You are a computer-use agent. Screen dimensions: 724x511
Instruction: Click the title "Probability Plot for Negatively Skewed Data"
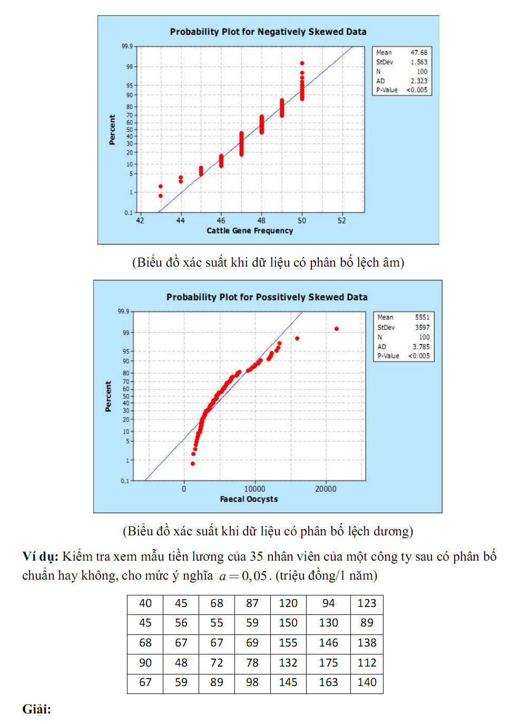coord(268,32)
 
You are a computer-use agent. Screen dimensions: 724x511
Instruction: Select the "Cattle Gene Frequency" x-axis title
coord(250,230)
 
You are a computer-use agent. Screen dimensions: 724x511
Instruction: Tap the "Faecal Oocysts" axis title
coord(249,499)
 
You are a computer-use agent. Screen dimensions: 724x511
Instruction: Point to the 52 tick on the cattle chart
coord(342,220)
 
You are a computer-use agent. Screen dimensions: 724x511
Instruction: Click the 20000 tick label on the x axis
coord(326,489)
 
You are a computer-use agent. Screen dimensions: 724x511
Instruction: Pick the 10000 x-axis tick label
coord(254,489)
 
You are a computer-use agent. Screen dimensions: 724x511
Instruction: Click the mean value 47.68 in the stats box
coord(419,53)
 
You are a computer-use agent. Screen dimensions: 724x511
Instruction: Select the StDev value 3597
coord(422,327)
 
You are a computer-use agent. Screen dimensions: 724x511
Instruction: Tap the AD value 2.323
coord(419,81)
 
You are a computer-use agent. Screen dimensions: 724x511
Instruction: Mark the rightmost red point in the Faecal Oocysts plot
coord(337,329)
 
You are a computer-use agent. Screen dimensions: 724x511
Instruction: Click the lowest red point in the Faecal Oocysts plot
coord(193,464)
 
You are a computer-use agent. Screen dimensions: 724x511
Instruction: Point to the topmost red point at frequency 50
coord(302,63)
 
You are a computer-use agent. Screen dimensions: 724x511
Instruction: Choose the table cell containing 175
coord(328,663)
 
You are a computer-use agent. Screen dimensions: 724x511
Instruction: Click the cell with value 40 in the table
coord(145,603)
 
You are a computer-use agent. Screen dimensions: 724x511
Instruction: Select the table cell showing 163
coord(328,682)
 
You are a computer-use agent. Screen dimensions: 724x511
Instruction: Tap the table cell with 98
coord(252,682)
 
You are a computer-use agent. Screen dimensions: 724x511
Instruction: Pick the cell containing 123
coord(367,603)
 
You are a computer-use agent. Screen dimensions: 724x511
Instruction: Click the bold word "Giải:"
coord(37,709)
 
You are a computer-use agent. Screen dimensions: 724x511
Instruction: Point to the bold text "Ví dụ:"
coord(40,556)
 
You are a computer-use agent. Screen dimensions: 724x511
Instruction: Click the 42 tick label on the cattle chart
coord(140,220)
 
